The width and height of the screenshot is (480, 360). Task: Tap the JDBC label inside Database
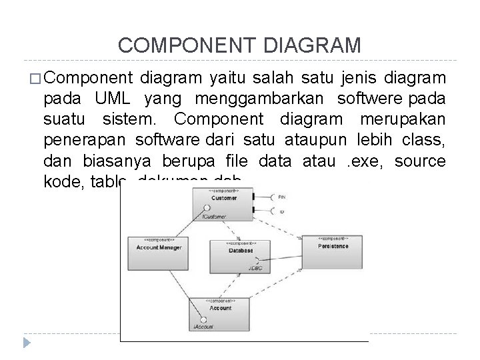point(255,268)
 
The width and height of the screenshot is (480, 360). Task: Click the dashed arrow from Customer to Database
point(234,227)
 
